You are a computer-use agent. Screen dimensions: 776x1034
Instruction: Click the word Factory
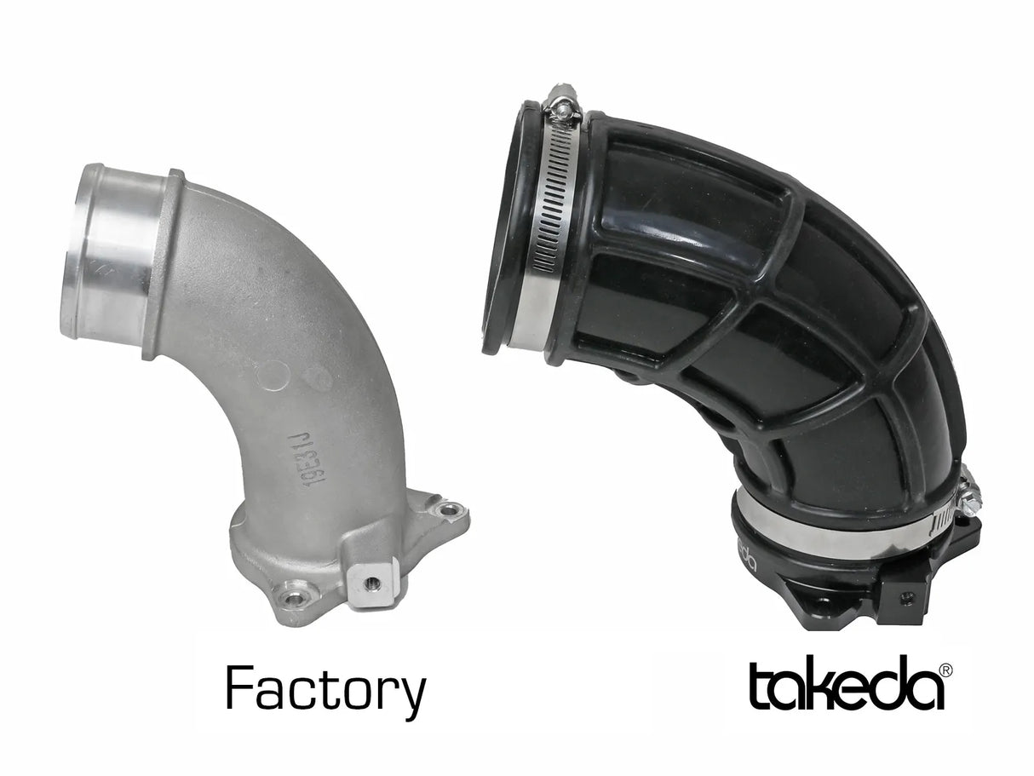(325, 690)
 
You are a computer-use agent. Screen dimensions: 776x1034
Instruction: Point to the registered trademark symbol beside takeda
(945, 670)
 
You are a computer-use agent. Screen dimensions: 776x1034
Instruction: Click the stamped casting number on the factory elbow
(312, 459)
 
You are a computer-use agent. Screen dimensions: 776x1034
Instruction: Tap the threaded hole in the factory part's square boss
(371, 583)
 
